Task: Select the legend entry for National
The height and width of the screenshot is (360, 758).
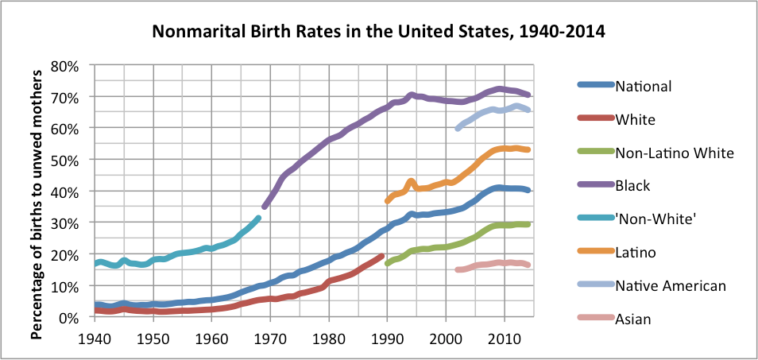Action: click(644, 87)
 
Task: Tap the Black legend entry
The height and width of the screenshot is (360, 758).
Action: click(632, 185)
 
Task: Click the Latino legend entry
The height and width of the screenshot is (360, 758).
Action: click(636, 252)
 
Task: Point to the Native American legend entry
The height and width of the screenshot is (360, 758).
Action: click(670, 285)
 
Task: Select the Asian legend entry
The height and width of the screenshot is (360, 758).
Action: click(632, 318)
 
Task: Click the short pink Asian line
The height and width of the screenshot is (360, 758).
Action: click(493, 264)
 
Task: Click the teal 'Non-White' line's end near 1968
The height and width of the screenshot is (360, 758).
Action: click(257, 218)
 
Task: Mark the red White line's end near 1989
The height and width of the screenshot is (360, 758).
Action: click(381, 257)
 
